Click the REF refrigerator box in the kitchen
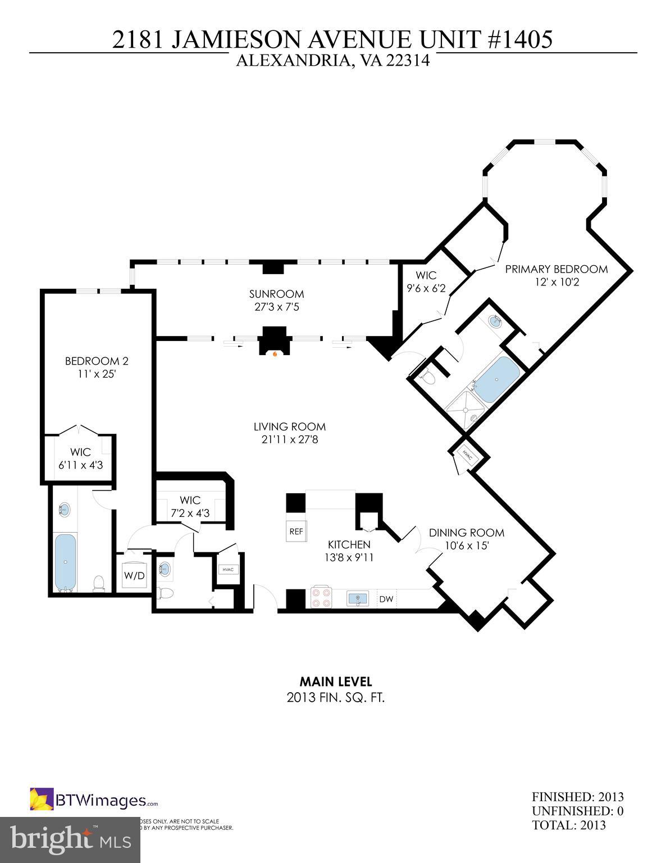click(x=296, y=531)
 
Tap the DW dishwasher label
click(x=386, y=599)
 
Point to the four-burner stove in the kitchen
click(x=321, y=598)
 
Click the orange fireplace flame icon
click(x=275, y=354)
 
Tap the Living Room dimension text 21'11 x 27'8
click(x=289, y=440)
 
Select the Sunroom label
click(x=276, y=294)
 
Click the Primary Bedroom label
click(x=556, y=269)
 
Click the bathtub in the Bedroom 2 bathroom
click(x=65, y=561)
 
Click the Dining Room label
click(x=466, y=533)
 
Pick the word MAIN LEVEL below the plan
click(x=335, y=682)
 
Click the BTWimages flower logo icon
click(x=42, y=800)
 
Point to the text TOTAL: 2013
click(x=569, y=825)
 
